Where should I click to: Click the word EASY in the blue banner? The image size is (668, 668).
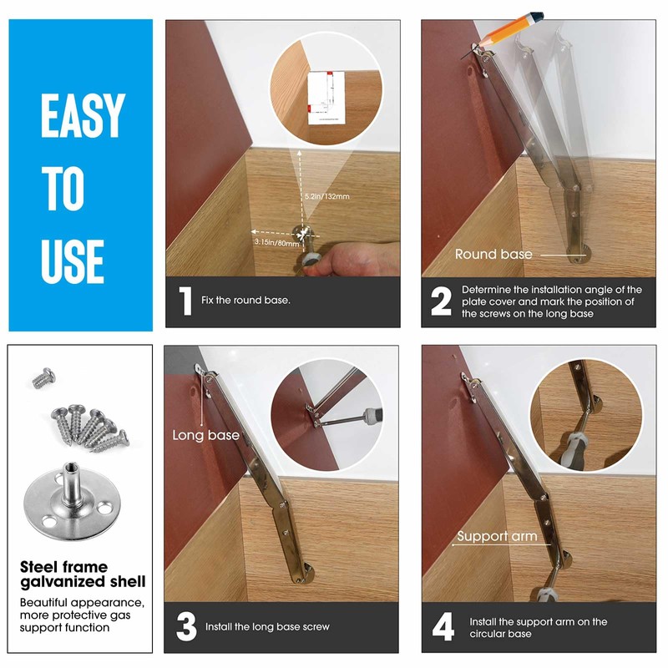(82, 116)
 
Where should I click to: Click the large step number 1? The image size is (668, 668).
(185, 301)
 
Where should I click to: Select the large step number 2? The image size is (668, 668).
(442, 301)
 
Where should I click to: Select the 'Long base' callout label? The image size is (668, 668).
(205, 435)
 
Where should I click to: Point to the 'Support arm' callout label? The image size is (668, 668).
(496, 536)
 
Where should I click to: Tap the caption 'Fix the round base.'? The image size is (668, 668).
(246, 301)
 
